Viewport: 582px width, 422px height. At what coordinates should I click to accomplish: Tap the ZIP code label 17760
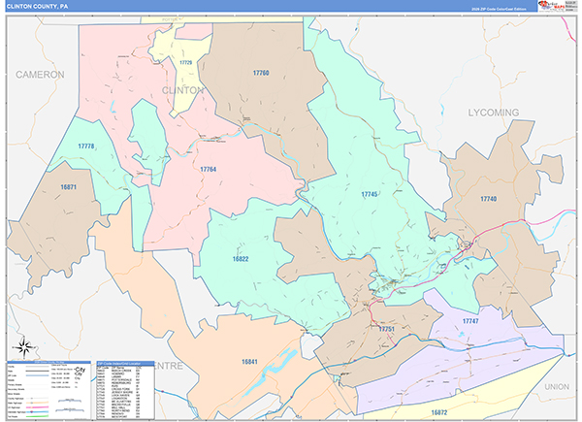coord(261,73)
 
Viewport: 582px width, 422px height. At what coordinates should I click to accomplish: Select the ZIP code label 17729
coord(185,63)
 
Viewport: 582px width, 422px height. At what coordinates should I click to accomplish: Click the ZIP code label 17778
coord(86,146)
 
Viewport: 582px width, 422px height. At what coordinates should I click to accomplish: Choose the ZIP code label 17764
coord(209,169)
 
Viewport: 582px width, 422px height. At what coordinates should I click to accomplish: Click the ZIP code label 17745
coord(370,195)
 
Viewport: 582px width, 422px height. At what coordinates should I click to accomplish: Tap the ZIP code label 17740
coord(488,198)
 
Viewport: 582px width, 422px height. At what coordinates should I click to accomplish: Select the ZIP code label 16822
coord(242,259)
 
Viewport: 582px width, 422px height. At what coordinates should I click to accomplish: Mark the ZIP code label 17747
coord(470,320)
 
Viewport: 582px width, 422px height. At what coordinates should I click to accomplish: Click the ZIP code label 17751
coord(388,330)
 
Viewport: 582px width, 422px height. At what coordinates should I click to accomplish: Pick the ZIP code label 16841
coord(250,361)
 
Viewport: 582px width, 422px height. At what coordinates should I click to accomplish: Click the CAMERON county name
coord(40,74)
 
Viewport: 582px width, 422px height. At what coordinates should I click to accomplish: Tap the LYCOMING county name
coord(494,113)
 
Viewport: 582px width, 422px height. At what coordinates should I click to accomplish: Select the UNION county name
coord(557,386)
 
